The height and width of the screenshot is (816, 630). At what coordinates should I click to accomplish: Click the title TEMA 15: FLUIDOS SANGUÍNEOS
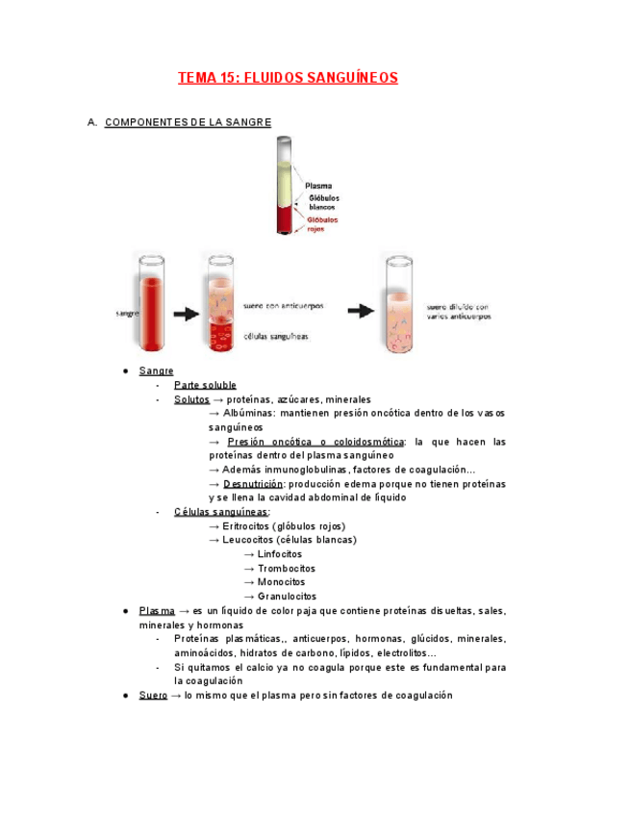coord(288,78)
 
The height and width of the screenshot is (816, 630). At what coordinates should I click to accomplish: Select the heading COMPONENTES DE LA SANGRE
coord(188,123)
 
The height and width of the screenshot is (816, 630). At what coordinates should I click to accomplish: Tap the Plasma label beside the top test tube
coord(318,186)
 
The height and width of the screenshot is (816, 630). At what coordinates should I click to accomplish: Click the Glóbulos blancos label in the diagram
coord(323,203)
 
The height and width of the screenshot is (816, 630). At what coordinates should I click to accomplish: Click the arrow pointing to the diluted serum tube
coord(360,311)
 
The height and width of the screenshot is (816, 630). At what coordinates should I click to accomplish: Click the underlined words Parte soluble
coord(205,385)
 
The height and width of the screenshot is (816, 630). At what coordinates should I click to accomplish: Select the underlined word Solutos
coord(191,399)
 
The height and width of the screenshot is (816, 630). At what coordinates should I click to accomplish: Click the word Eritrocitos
coord(246,526)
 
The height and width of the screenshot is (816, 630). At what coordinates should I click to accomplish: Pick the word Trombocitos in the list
coord(286,569)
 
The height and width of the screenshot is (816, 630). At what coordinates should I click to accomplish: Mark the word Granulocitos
coord(287,597)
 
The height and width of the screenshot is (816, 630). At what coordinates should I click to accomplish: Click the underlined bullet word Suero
coord(153,695)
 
